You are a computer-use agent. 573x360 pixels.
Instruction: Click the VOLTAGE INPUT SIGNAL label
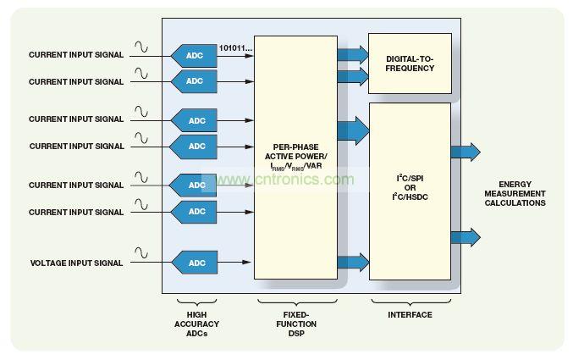click(76, 263)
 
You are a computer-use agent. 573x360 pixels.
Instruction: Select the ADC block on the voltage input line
click(195, 263)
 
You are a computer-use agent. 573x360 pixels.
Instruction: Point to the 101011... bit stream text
click(236, 48)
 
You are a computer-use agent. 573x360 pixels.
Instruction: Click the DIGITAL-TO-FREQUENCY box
click(410, 64)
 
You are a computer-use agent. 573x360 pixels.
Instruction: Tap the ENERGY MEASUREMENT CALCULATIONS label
click(521, 194)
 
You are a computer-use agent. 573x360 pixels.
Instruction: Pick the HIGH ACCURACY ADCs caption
click(196, 324)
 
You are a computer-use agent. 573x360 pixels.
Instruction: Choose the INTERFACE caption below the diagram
click(410, 315)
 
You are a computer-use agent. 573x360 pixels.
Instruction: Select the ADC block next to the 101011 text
click(194, 56)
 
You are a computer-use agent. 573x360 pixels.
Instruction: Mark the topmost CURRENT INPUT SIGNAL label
click(76, 55)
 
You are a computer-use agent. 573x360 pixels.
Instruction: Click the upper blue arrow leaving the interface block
click(465, 152)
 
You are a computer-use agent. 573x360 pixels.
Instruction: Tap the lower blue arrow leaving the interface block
click(465, 237)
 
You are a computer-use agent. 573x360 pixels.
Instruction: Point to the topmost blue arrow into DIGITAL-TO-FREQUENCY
click(352, 55)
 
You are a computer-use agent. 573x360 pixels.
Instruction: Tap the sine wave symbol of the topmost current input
click(141, 47)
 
